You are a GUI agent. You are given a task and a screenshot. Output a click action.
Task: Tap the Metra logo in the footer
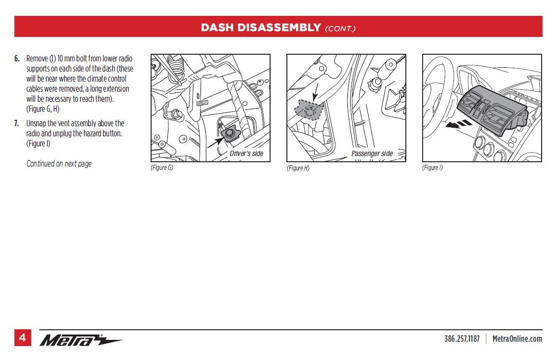[x=81, y=340]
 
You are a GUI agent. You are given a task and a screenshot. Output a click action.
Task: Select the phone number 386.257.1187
[x=461, y=339]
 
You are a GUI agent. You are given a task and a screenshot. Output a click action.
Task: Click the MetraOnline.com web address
[x=517, y=339]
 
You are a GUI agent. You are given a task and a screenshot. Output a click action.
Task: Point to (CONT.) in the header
[x=340, y=28]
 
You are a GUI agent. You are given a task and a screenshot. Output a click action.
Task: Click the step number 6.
[x=17, y=59]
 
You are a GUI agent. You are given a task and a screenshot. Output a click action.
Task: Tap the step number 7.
[x=17, y=123]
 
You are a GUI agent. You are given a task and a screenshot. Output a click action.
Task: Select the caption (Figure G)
[x=162, y=168]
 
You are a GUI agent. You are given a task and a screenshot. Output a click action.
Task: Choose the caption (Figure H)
[x=298, y=168]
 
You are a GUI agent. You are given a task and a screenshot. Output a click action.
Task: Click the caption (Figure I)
[x=433, y=168]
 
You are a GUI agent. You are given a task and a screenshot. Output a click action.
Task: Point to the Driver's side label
[x=246, y=154]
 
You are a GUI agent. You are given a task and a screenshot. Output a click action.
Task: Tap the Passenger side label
[x=372, y=154]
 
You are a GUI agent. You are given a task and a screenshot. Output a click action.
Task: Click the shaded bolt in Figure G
[x=230, y=133]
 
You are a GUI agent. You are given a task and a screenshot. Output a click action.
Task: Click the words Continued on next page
[x=59, y=164]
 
